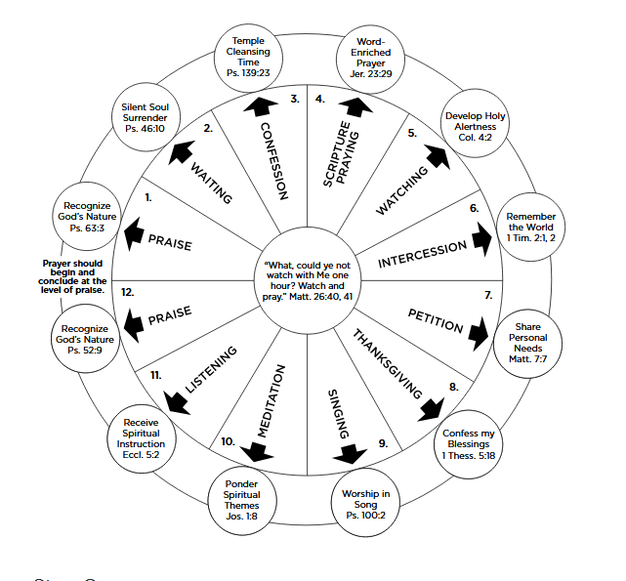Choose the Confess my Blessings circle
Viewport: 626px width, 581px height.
tap(469, 444)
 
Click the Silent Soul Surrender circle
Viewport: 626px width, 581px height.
tap(145, 115)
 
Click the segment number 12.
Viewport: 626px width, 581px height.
tap(128, 292)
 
